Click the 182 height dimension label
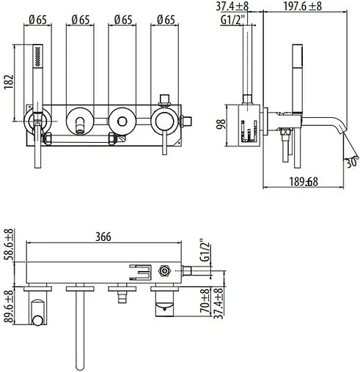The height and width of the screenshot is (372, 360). pyautogui.click(x=9, y=82)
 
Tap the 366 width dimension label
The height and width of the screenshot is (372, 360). pyautogui.click(x=103, y=237)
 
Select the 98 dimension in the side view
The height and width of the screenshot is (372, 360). pyautogui.click(x=221, y=125)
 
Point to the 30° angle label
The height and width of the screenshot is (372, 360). pyautogui.click(x=353, y=161)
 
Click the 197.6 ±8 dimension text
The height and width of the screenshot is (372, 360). pyautogui.click(x=303, y=6)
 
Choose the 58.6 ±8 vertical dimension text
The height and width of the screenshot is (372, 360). pyautogui.click(x=9, y=245)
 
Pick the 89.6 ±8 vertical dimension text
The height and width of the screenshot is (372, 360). pyautogui.click(x=9, y=307)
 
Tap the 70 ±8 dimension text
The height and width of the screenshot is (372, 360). pyautogui.click(x=205, y=301)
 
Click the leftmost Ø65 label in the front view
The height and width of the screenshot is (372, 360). pyautogui.click(x=37, y=20)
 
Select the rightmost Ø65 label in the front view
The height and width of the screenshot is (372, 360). pyautogui.click(x=166, y=20)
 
